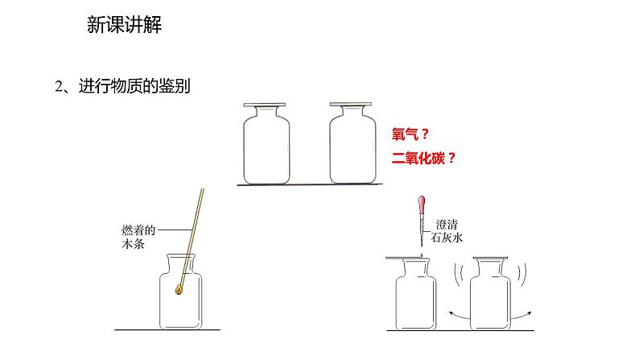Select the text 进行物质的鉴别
(134, 86)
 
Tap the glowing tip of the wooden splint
(178, 292)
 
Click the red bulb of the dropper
(420, 205)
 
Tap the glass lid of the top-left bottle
(264, 105)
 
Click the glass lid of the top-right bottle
(352, 105)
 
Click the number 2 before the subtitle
(59, 87)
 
